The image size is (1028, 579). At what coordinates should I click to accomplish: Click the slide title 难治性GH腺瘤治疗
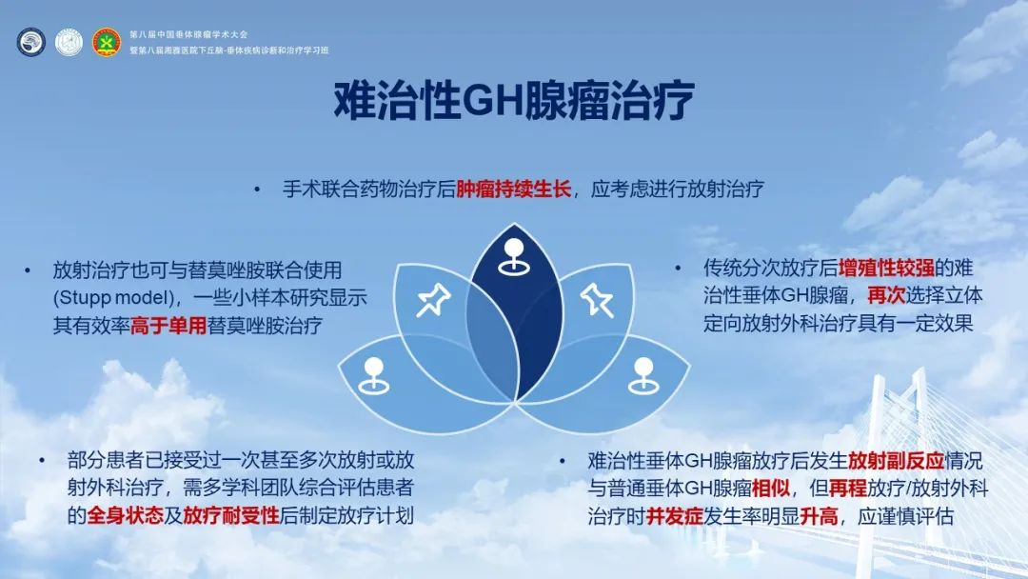click(x=514, y=102)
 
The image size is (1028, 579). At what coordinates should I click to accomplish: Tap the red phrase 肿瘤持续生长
click(x=513, y=189)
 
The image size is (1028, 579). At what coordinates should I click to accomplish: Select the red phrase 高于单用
click(x=168, y=326)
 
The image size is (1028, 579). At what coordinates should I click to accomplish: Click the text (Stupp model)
click(x=113, y=298)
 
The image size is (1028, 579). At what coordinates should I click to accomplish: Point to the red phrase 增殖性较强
click(x=886, y=269)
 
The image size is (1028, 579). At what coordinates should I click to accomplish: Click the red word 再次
click(x=886, y=296)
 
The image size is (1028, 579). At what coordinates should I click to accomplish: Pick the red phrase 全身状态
click(x=125, y=515)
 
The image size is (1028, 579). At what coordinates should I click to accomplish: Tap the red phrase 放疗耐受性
click(x=231, y=515)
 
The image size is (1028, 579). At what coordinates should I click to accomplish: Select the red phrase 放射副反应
click(x=897, y=461)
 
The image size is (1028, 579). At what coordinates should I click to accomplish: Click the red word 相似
click(x=771, y=489)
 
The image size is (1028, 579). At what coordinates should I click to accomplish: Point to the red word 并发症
click(x=675, y=516)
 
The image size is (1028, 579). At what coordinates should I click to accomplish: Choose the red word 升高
click(x=819, y=516)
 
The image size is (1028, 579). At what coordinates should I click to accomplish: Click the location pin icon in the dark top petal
click(x=514, y=256)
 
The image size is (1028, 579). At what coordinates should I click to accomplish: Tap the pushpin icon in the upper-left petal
click(x=433, y=300)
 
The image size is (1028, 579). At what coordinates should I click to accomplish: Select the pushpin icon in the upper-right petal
click(x=597, y=300)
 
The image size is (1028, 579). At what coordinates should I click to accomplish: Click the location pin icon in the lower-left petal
click(x=374, y=376)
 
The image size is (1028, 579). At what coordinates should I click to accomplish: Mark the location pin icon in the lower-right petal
click(x=643, y=376)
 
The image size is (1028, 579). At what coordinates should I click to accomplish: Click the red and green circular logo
click(x=106, y=43)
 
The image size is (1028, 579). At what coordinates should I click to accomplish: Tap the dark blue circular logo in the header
click(x=30, y=43)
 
